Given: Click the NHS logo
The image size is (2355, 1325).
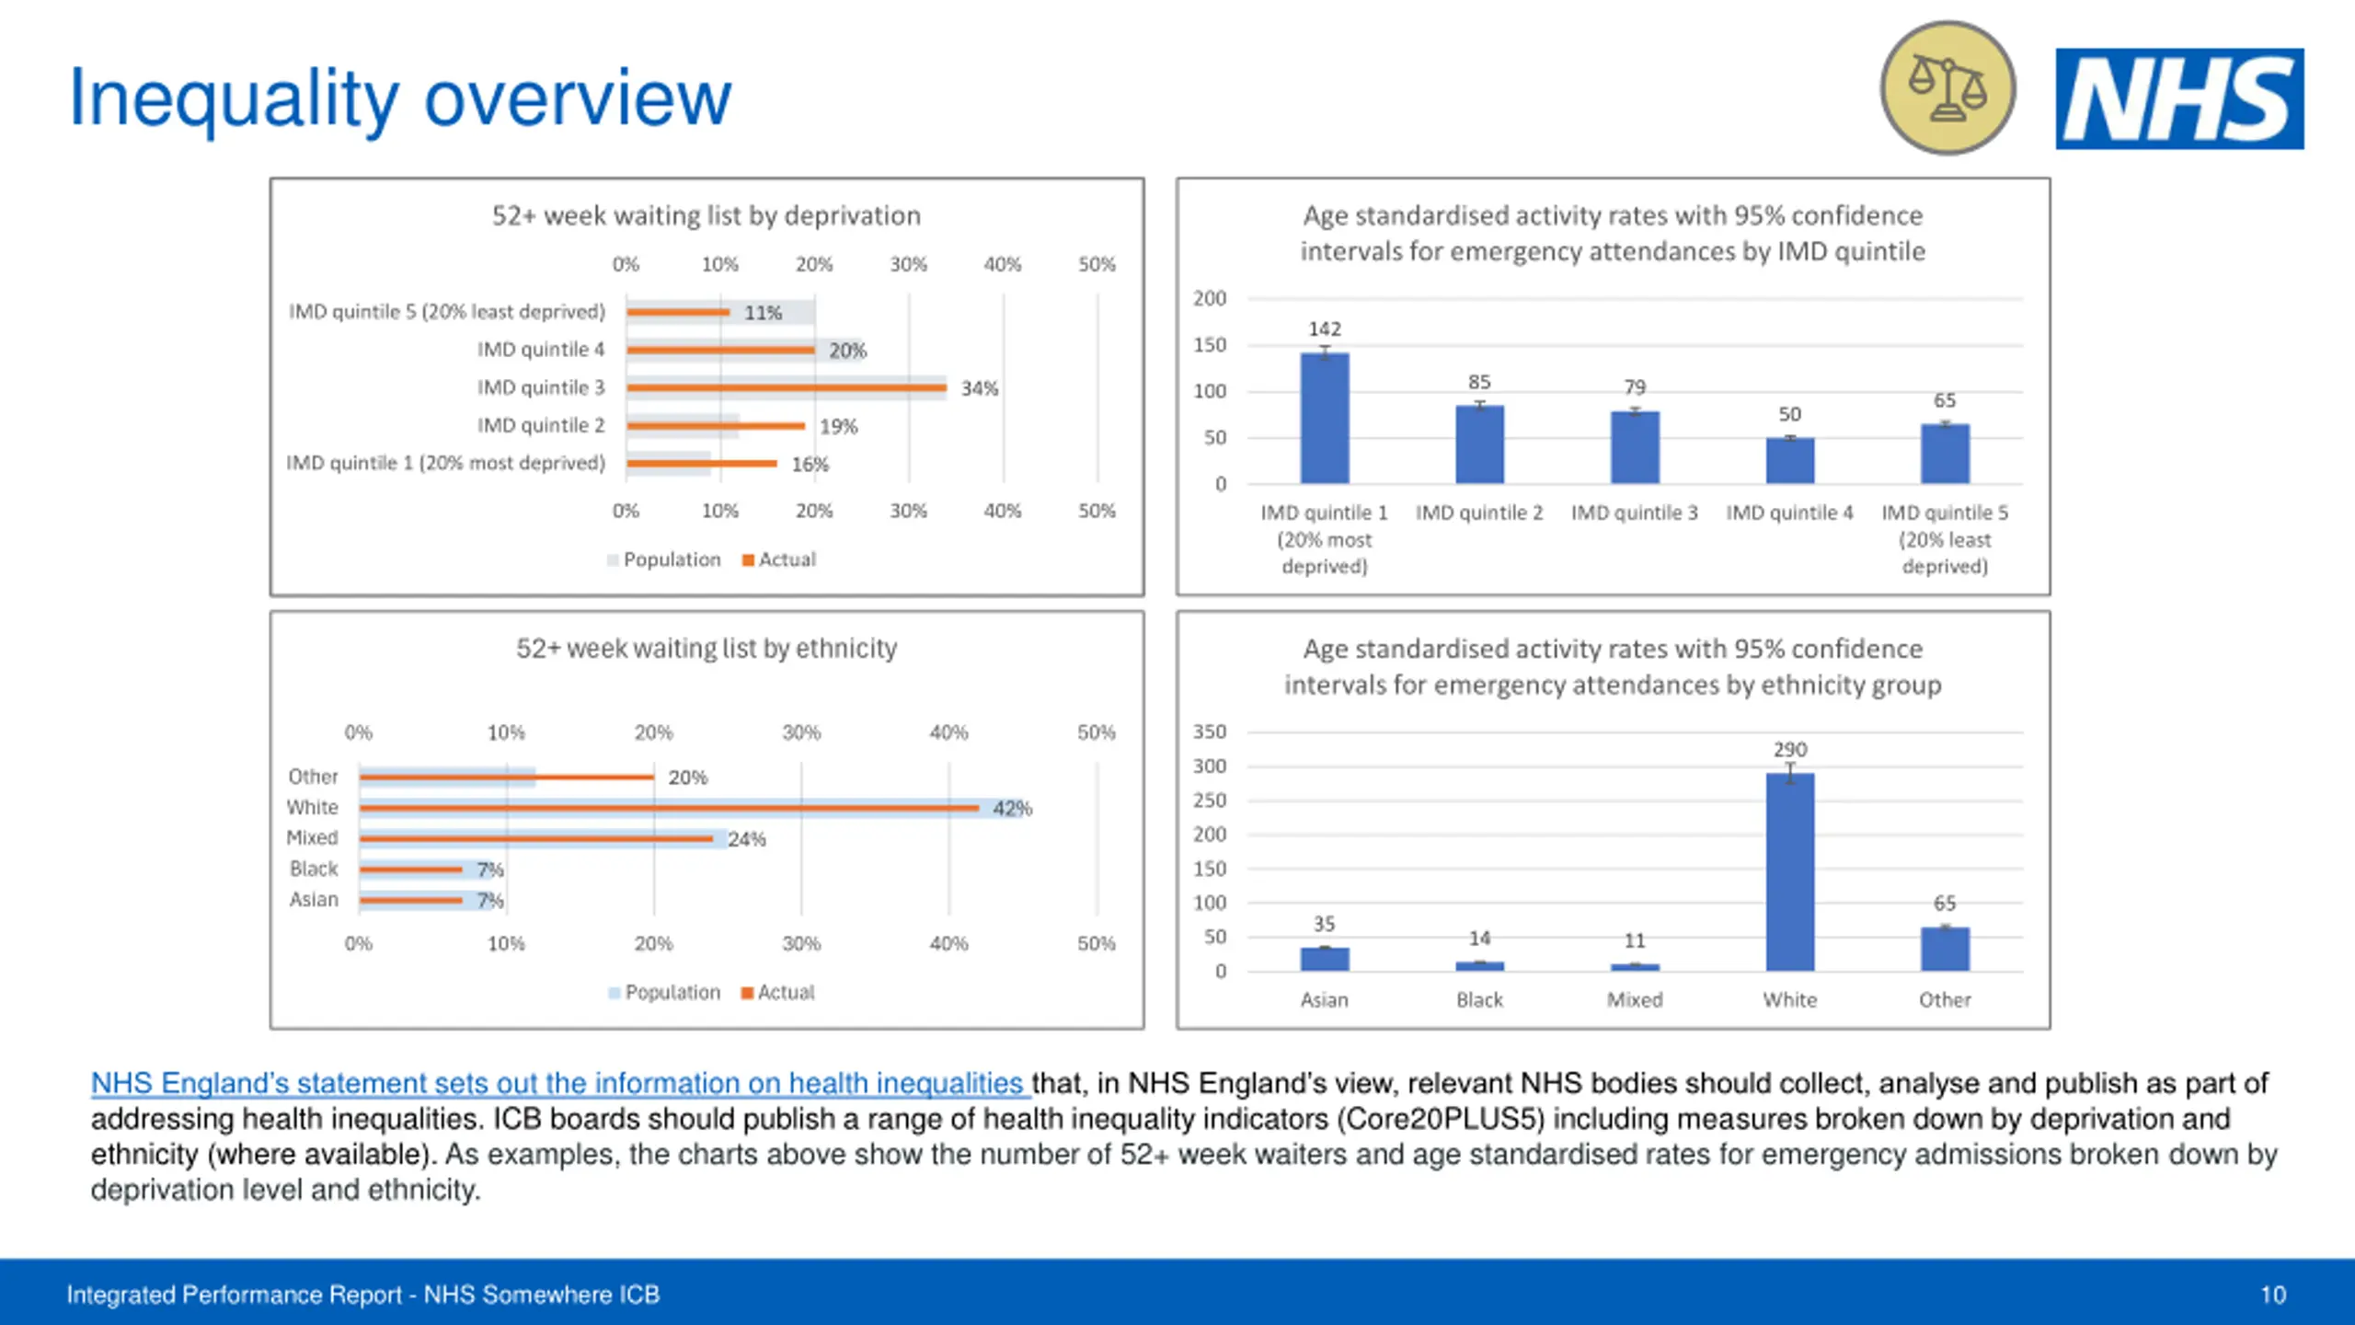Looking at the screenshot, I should coord(2179,98).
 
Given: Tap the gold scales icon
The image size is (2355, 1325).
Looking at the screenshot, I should coord(1947,88).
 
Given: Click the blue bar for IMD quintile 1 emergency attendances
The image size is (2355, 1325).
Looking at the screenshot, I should coord(1325,419).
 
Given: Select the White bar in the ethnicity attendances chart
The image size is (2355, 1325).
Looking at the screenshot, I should coord(1789,871).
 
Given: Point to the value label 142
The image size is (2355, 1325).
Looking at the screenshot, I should coord(1325,328).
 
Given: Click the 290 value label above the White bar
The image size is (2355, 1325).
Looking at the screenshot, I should coord(1790,749).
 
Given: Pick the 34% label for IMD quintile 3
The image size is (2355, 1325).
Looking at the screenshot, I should coord(979,388).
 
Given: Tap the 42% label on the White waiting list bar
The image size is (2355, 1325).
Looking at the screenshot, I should coord(1012,808).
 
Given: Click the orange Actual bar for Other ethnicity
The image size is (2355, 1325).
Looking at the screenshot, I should coord(506,778).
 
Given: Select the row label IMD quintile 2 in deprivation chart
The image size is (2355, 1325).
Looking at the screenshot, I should coord(541,425).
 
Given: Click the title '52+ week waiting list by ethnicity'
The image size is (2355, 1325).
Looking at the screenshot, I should coord(706,648).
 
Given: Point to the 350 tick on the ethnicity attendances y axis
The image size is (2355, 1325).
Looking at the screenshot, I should coord(1210,732).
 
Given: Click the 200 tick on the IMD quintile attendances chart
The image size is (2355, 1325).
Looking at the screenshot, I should coord(1210,298).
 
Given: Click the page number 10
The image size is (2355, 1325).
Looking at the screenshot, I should coord(2273,1295).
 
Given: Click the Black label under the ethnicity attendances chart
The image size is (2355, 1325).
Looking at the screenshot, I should coord(1479,999).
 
